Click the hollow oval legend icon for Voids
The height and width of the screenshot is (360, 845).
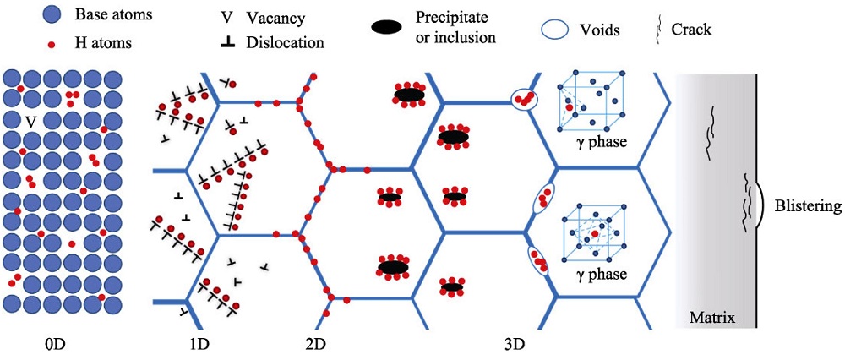(555, 30)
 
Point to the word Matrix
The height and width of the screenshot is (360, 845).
(711, 318)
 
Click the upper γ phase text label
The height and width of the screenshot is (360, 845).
(601, 142)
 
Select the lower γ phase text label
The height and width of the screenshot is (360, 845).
(601, 275)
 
